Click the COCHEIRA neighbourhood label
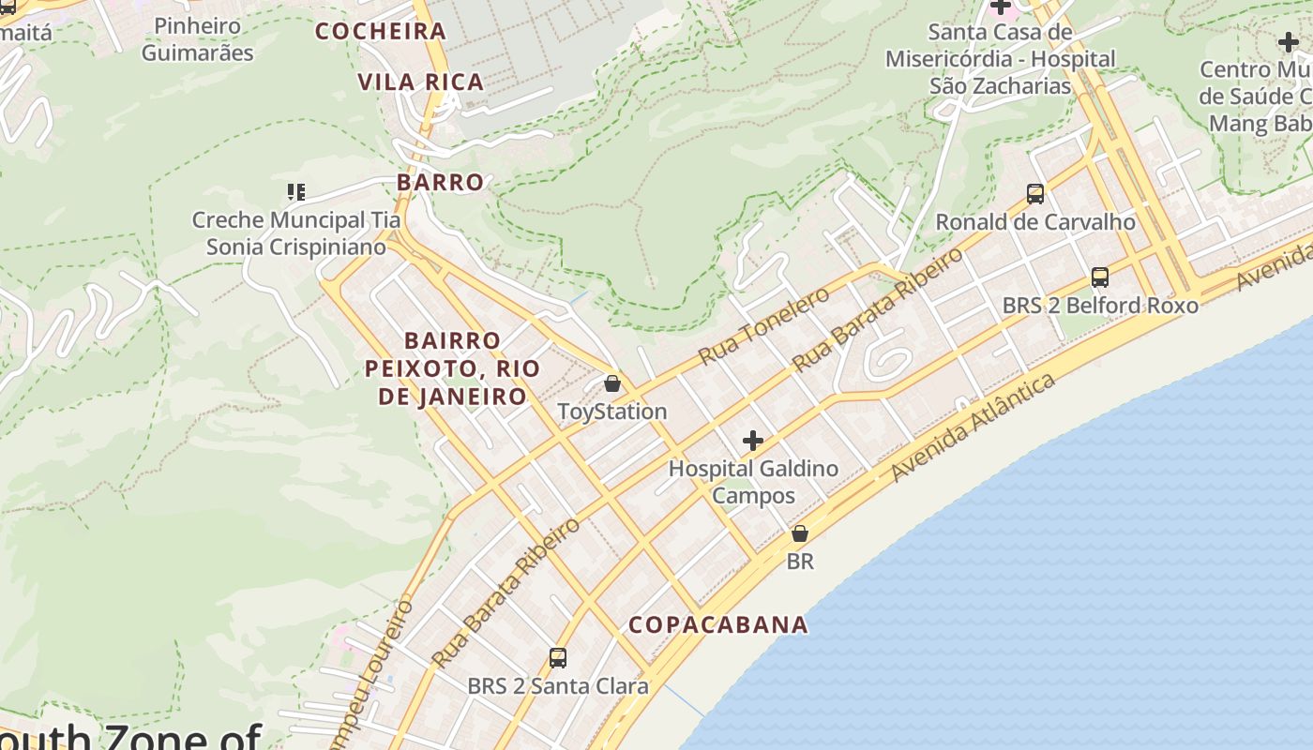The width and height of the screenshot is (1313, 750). [380, 31]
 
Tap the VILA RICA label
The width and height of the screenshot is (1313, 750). [420, 82]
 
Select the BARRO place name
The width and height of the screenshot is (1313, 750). [440, 182]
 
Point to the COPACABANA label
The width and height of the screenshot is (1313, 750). [717, 624]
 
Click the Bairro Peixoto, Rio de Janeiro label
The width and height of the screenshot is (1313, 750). [452, 367]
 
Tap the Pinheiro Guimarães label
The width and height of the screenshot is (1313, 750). [197, 39]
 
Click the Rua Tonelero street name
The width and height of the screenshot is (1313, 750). [764, 326]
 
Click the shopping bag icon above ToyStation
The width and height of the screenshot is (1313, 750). [612, 383]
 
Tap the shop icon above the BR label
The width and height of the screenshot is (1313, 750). [799, 533]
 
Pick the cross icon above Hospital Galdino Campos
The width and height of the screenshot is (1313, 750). [752, 440]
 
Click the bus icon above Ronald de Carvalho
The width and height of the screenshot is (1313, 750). [1035, 194]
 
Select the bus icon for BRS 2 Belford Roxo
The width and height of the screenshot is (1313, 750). [1100, 277]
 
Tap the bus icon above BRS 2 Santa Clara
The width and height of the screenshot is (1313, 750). [558, 658]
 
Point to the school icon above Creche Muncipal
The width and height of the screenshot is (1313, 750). [296, 192]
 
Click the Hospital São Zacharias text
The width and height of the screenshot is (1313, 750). [1001, 59]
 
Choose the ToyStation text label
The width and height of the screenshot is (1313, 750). [612, 412]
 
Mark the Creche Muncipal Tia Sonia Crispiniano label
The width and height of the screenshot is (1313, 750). [296, 233]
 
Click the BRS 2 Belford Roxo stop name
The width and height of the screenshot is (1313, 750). [1100, 306]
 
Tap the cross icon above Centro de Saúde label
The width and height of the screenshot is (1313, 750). [1288, 42]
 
